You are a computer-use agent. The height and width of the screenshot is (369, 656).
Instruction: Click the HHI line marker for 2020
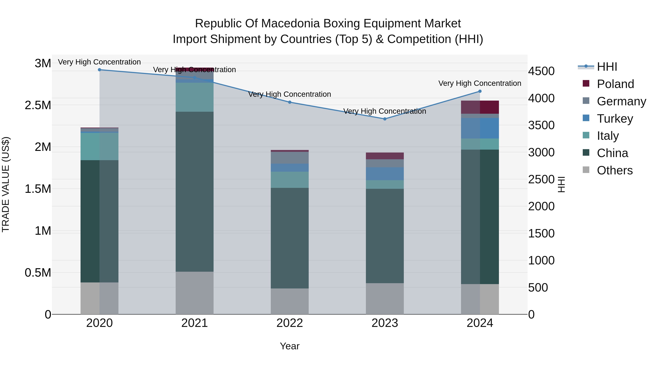99,70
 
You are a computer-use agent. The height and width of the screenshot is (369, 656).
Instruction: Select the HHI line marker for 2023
385,119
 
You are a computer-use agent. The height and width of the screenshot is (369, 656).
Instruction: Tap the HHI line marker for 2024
480,91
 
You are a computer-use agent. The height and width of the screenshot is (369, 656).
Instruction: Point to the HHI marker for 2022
290,102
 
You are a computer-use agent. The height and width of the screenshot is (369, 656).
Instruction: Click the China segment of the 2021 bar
195,192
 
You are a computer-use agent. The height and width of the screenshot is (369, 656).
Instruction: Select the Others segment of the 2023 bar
385,298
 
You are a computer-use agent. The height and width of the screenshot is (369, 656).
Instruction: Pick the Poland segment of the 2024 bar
480,107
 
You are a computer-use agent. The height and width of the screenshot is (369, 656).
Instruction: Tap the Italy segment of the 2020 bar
99,147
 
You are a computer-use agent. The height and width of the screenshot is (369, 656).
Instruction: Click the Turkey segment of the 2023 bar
385,174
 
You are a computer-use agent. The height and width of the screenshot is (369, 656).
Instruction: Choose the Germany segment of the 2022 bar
290,158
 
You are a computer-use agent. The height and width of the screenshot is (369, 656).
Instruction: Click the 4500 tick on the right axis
541,71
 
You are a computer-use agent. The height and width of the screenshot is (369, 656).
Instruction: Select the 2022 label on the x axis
290,323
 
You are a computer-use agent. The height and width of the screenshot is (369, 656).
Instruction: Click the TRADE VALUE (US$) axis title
6,184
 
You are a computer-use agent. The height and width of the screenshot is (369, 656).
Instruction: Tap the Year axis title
290,346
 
